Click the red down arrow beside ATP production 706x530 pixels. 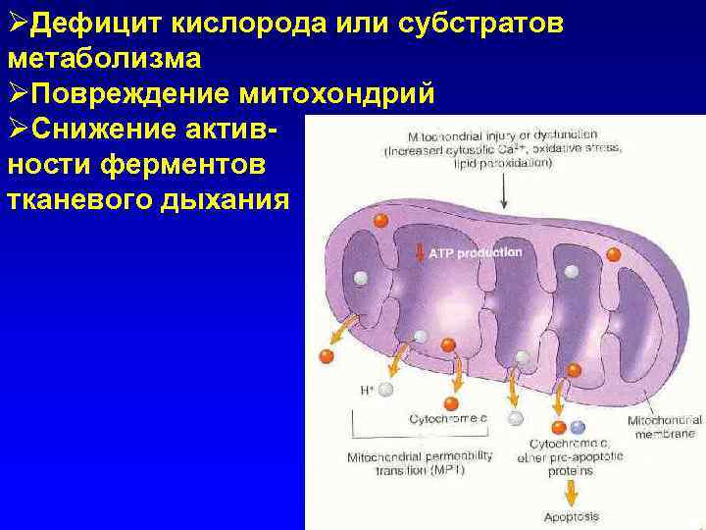tap(419, 253)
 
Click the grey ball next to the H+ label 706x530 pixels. tap(385, 390)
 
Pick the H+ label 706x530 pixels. tap(367, 390)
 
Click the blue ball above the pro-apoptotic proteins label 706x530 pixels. tap(578, 427)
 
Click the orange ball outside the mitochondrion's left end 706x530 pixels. tap(327, 355)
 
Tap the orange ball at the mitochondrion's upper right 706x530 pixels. tap(614, 255)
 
